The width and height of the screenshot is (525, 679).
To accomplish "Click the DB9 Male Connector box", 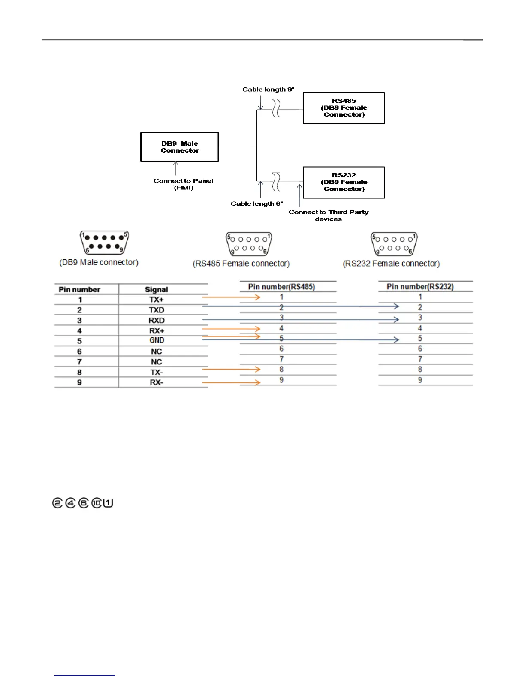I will pos(179,147).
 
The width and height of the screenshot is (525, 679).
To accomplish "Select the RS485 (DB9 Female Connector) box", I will pos(344,108).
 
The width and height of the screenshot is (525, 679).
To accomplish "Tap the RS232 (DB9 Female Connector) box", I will pos(344,182).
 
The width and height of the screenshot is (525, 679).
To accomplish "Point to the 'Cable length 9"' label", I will pos(268,90).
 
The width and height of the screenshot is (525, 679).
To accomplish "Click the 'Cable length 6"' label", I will pos(256,204).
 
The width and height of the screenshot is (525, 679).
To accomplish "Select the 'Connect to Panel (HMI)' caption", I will pos(184,184).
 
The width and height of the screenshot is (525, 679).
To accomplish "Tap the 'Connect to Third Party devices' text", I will pos(329,216).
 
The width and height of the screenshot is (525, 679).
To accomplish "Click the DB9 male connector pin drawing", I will pos(104,243).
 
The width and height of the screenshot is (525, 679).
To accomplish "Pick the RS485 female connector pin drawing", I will pos(249,244).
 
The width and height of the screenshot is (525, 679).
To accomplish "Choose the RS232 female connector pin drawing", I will pos(394,244).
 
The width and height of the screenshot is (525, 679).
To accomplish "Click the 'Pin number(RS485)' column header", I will pos(281,287).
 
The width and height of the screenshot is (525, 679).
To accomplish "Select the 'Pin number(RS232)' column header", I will pos(420,287).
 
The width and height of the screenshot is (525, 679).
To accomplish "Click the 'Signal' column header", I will pos(156,290).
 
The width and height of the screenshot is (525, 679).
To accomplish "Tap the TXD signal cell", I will pos(156,310).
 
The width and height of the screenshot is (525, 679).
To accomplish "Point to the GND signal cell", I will pos(156,340).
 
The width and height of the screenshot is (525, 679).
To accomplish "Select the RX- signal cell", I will pos(156,382).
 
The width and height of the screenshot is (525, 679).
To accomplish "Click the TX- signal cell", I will pos(156,372).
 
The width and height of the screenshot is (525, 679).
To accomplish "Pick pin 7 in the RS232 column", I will pos(420,359).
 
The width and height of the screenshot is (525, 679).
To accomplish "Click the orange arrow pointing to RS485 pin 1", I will pos(231,297).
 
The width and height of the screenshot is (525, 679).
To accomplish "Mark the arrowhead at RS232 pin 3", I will pos(396,319).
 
